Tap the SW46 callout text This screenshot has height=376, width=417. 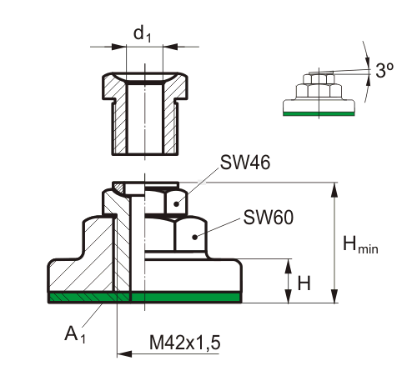(245, 163)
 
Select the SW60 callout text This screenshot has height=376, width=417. (269, 218)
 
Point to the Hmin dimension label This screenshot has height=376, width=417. (360, 244)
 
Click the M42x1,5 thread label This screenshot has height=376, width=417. (185, 343)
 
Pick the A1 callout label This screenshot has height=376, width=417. (75, 334)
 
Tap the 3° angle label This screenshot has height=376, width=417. (384, 70)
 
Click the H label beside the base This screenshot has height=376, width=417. (304, 283)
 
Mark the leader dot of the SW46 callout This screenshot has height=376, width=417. (176, 204)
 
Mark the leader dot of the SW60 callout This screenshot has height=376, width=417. (195, 237)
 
